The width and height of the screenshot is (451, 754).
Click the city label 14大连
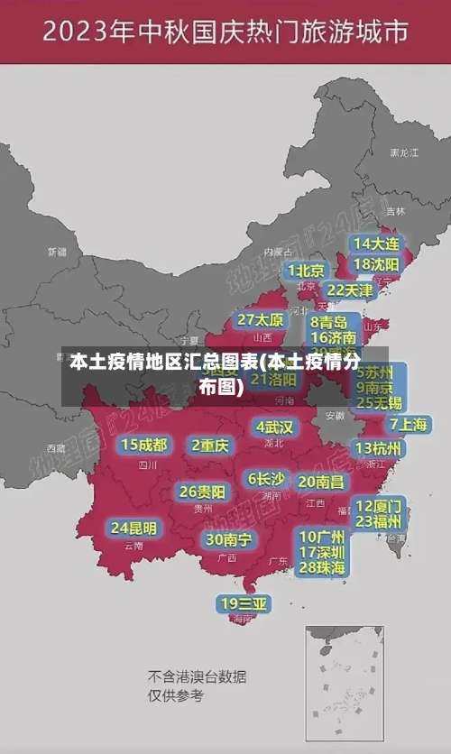[x=376, y=244]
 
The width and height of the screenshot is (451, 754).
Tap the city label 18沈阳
[x=376, y=264]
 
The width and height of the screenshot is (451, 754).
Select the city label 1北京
[x=307, y=271]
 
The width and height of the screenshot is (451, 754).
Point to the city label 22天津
[x=349, y=290]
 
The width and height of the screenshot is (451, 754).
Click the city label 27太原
[x=261, y=320]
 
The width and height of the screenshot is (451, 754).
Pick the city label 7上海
[x=408, y=424]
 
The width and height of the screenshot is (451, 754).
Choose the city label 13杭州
[x=380, y=448]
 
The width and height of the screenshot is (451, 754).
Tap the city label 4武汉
[x=274, y=427]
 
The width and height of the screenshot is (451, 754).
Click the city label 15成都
[x=144, y=445]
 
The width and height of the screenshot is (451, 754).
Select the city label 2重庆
[x=211, y=446]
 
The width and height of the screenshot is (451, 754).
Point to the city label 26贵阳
[x=202, y=492]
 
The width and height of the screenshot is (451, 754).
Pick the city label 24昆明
[x=133, y=528]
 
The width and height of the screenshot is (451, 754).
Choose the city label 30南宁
[x=228, y=539]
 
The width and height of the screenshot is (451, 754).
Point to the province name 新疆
[x=57, y=252]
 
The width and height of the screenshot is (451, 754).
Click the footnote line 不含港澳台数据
[x=197, y=676]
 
